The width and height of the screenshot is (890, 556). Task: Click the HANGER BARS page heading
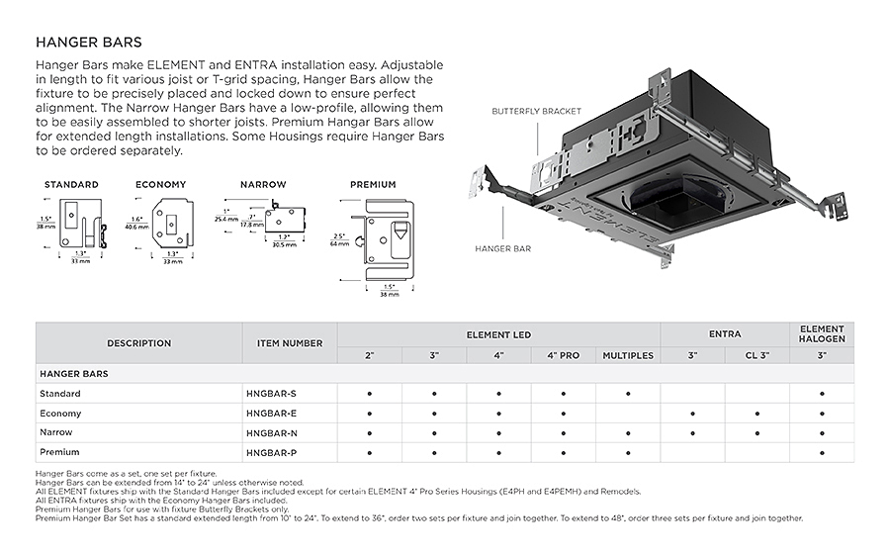click(x=88, y=43)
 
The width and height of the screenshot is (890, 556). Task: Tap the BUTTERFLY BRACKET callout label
click(x=536, y=112)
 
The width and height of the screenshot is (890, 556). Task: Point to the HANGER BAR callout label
click(x=503, y=248)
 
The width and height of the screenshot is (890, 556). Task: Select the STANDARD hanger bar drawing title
click(x=72, y=185)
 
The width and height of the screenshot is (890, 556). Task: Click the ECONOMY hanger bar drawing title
click(x=160, y=185)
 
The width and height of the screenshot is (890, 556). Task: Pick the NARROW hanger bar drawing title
click(x=263, y=185)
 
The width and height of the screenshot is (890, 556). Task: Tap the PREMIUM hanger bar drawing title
click(x=373, y=185)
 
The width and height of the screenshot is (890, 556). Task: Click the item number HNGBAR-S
click(x=270, y=394)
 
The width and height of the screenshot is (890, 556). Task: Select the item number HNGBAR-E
click(x=270, y=414)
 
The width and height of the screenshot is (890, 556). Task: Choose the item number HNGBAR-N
click(x=270, y=432)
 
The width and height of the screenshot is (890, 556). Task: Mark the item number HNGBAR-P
click(x=270, y=452)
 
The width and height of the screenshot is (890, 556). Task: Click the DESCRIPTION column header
click(x=138, y=343)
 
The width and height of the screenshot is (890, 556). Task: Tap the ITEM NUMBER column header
click(x=290, y=343)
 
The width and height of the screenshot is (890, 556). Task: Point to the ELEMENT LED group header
click(x=498, y=334)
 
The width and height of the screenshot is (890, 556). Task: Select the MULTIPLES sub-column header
click(x=628, y=355)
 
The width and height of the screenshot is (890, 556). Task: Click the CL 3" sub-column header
click(x=757, y=355)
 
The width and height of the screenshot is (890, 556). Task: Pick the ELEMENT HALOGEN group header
click(x=822, y=334)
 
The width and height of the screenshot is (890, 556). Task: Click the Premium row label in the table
click(x=59, y=452)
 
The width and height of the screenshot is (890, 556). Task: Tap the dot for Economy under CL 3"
click(x=757, y=414)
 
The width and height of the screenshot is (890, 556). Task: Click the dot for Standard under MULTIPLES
click(x=628, y=394)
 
